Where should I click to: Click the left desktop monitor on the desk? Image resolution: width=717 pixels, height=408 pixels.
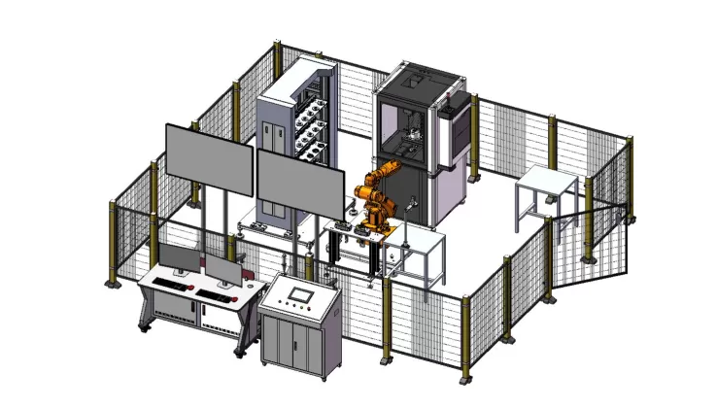pyautogui.click(x=178, y=258)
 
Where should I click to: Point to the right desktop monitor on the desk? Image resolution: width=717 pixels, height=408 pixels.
pyautogui.click(x=224, y=270)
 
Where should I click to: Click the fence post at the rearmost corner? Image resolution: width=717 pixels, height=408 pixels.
pyautogui.click(x=280, y=58)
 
